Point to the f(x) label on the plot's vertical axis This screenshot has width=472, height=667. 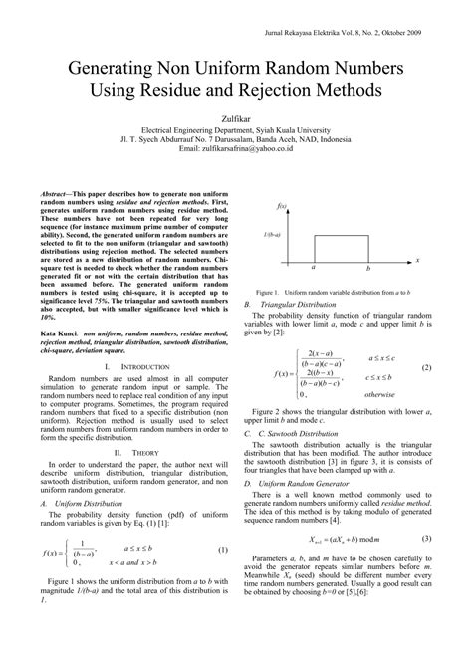[x=282, y=205]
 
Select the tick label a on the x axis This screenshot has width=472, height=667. [x=314, y=268]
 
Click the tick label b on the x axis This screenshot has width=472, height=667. [x=367, y=268]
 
